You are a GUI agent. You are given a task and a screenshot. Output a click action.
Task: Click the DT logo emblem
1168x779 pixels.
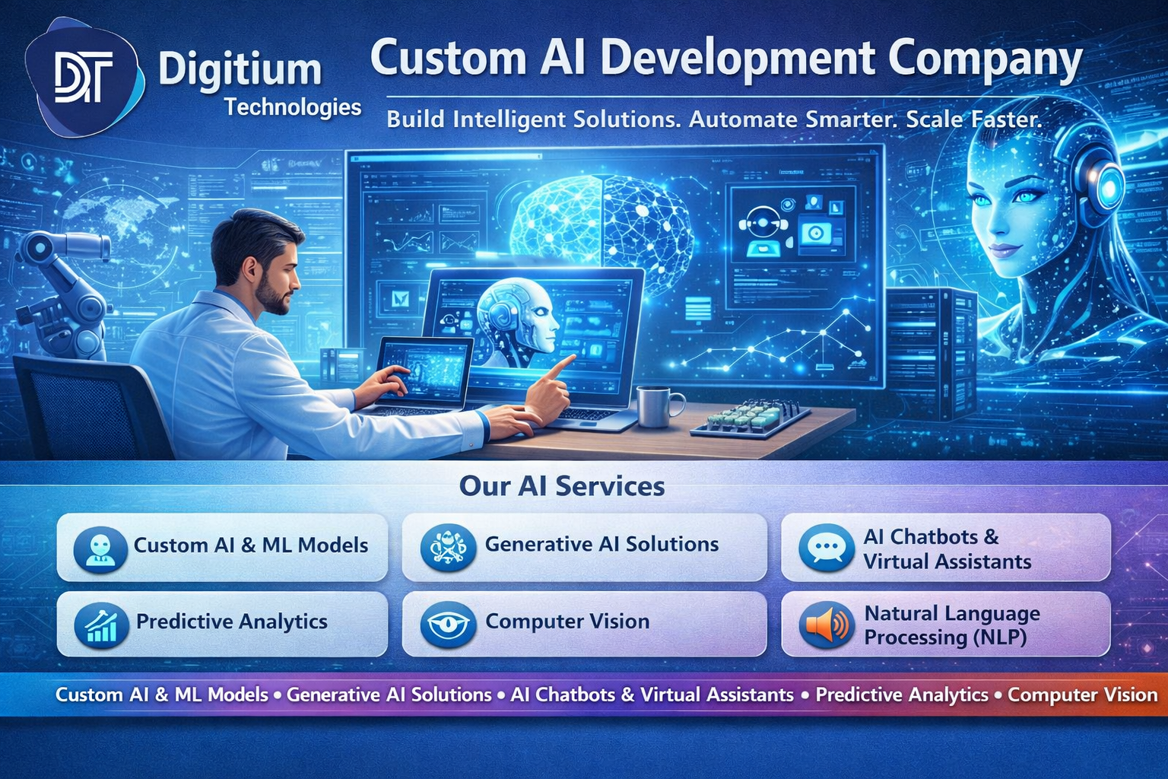84,77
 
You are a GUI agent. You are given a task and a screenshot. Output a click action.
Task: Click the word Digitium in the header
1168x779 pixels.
240,70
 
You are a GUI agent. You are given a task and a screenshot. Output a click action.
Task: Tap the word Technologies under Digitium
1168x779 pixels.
293,107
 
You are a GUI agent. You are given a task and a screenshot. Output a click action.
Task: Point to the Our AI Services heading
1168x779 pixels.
562,486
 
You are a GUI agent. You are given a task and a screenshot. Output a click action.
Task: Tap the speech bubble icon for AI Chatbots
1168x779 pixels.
826,548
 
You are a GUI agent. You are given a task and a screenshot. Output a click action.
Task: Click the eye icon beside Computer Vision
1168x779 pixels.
448,625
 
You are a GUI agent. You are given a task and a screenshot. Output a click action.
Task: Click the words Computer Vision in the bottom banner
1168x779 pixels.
1082,695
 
